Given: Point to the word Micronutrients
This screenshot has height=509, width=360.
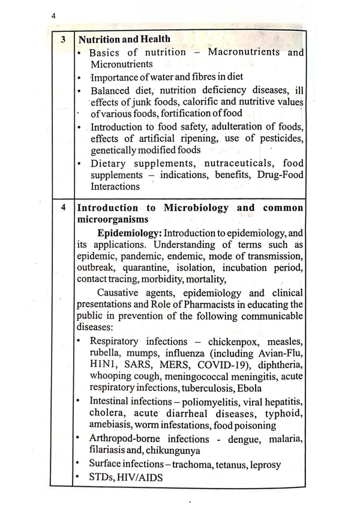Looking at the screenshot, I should click(122, 64).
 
